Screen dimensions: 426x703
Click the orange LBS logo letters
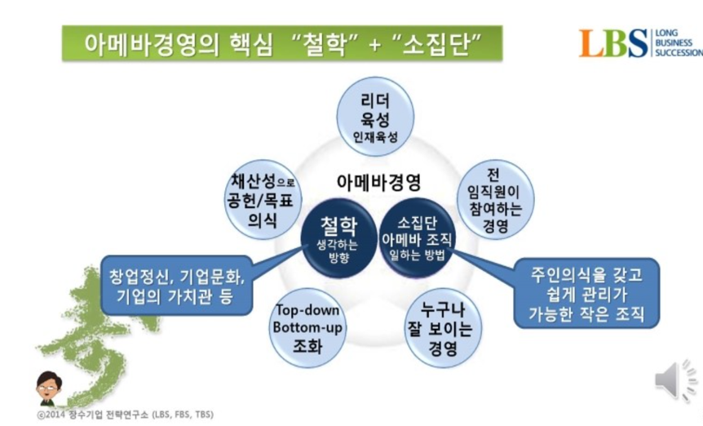click(613, 42)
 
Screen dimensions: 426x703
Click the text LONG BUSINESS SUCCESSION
click(677, 43)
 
